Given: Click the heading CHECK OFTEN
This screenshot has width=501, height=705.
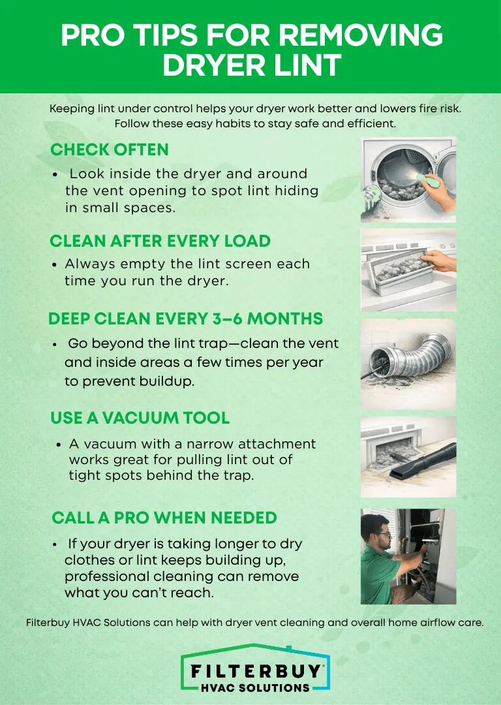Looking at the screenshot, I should [109, 149].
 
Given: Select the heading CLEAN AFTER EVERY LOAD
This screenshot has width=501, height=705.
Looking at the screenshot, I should [160, 241].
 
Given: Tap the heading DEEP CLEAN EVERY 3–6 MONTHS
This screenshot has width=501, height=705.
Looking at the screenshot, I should [185, 319].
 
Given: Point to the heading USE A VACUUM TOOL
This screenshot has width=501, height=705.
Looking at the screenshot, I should [140, 418].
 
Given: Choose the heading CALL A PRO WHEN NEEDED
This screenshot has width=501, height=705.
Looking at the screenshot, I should [164, 518].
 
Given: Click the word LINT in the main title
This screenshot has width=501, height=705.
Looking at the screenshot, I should [307, 65].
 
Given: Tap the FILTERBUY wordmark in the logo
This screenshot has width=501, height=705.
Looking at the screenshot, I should [256, 671].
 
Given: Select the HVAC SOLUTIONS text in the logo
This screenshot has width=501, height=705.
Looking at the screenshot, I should [256, 688].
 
